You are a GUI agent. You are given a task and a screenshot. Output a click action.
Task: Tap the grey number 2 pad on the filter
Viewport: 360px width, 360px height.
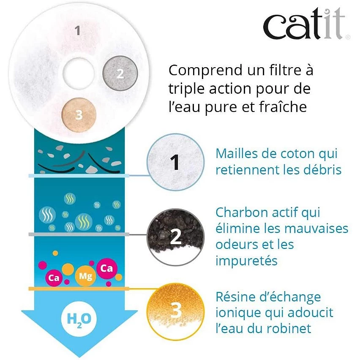120,73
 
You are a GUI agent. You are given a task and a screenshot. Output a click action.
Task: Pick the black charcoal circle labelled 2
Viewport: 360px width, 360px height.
176,237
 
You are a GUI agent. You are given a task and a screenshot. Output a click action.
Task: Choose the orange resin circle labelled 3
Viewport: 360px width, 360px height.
175,311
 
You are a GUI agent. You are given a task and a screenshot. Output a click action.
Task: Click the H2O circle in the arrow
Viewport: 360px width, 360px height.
79,318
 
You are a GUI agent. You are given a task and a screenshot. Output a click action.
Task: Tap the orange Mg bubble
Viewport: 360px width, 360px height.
83,277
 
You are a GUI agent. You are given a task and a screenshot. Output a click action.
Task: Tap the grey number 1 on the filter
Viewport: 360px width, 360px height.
77,31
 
